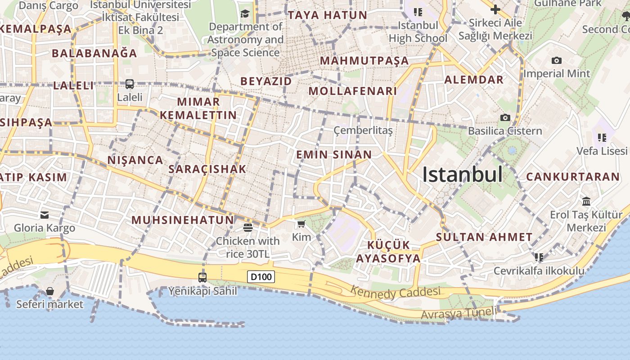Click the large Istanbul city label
462,175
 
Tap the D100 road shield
261,277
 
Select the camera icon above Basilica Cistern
505,118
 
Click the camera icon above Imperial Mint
557,61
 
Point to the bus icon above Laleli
130,84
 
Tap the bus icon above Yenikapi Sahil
202,277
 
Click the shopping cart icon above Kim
301,224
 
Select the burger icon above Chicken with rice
247,228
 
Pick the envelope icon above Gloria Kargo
45,215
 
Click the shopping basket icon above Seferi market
50,292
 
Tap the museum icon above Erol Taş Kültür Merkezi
586,201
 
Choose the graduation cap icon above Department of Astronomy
245,14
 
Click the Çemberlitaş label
363,130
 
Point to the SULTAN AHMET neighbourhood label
484,237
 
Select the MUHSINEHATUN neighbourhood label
183,220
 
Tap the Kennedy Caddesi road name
396,292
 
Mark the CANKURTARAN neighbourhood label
573,177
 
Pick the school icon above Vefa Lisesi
602,137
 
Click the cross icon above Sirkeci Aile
495,9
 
